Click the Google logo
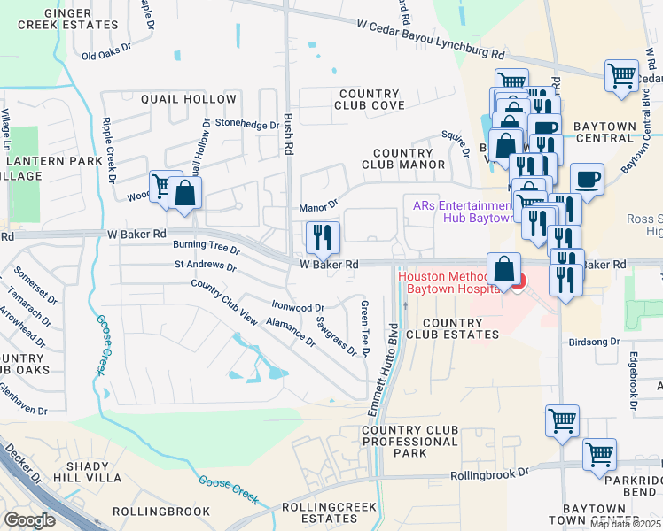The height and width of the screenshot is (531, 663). [29, 520]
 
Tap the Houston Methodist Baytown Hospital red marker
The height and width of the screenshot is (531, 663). [518, 281]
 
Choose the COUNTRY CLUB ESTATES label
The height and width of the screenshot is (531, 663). [452, 327]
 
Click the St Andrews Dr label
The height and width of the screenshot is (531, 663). [205, 265]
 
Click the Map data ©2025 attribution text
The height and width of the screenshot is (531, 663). [625, 524]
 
